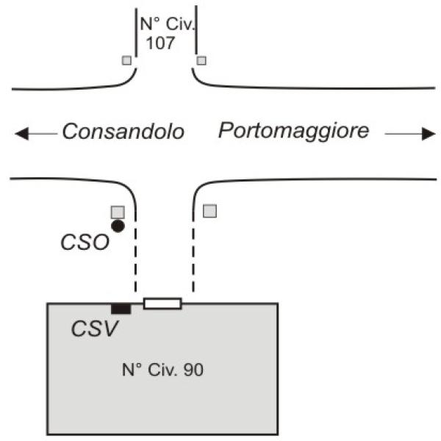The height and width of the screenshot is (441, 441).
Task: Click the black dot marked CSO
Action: pos(118,226)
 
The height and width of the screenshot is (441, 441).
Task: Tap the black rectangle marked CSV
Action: pos(121,308)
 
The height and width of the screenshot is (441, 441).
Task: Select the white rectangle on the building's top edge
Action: pos(162,303)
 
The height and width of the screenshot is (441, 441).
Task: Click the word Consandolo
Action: pos(122,132)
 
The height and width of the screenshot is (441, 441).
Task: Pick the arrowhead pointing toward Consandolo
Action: pos(22,134)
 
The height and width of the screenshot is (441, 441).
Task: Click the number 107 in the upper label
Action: pos(160,43)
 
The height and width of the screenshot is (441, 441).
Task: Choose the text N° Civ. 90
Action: pos(162,369)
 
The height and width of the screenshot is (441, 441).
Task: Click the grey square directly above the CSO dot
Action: pos(117,212)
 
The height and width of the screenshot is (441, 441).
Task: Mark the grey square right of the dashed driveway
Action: pos(210,211)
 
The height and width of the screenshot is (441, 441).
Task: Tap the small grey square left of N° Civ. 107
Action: pos(127,60)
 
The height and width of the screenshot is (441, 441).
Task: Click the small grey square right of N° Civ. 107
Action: pos(201,60)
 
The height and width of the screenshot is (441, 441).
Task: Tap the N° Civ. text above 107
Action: pos(164,25)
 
